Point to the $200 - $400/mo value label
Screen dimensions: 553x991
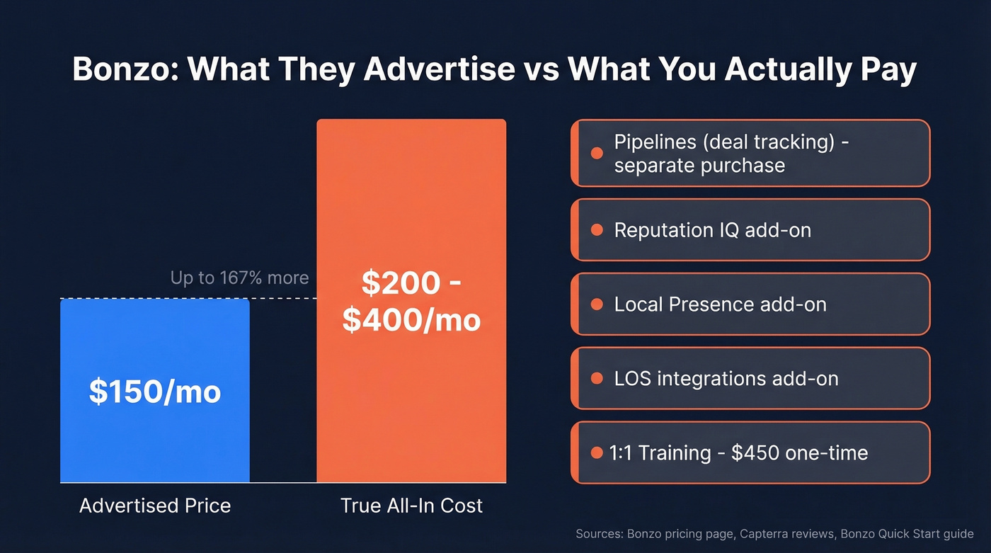pyautogui.click(x=411, y=301)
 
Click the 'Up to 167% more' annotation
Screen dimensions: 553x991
pyautogui.click(x=239, y=278)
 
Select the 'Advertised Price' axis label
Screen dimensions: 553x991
pyautogui.click(x=154, y=506)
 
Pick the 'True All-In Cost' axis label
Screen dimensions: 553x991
pyautogui.click(x=411, y=506)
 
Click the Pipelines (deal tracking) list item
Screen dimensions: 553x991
pyautogui.click(x=750, y=153)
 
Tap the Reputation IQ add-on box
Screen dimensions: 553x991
pyautogui.click(x=750, y=230)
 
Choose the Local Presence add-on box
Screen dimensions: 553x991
pyautogui.click(x=750, y=304)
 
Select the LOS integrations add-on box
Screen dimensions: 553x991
pyautogui.click(x=750, y=378)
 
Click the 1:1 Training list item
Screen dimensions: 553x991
pyautogui.click(x=750, y=452)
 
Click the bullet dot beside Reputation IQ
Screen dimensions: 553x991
pyautogui.click(x=596, y=230)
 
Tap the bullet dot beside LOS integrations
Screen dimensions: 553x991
pyautogui.click(x=596, y=378)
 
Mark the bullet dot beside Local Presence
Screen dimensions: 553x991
pyautogui.click(x=596, y=304)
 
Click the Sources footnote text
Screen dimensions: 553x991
pyautogui.click(x=774, y=534)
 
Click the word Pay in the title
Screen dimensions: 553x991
pyautogui.click(x=889, y=69)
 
